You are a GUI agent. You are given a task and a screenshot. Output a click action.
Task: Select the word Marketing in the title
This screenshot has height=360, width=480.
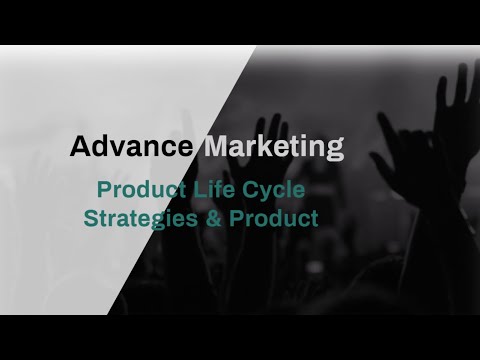point(274,148)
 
